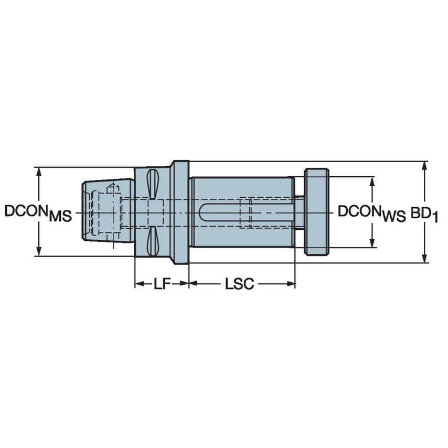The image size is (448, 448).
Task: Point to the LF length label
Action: [162, 284]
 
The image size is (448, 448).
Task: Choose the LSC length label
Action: [239, 284]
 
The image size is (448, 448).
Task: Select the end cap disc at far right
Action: [316, 212]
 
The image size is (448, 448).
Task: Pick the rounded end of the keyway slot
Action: [204, 212]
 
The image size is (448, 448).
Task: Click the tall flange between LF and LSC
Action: [180, 212]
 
